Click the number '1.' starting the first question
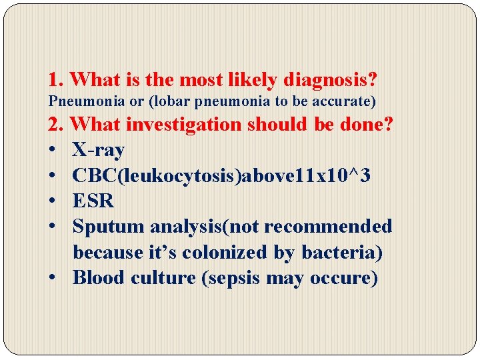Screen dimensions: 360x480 56,81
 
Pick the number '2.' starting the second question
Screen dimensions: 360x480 56,124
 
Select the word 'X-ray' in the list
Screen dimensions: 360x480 98,151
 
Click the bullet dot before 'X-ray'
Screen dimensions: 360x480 53,151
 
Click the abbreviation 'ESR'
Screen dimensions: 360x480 93,201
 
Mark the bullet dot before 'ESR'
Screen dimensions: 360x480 53,201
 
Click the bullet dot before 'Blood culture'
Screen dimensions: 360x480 53,277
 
